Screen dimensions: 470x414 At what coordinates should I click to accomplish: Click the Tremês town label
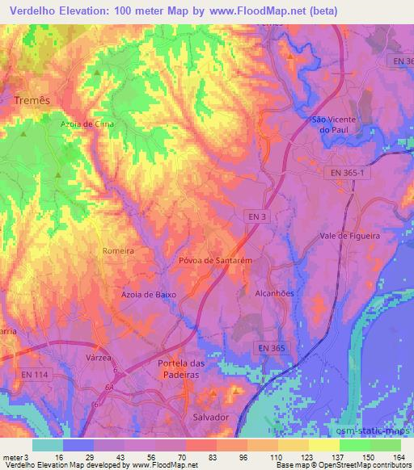click(32, 99)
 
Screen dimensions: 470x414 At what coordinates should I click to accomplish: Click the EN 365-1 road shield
click(349, 173)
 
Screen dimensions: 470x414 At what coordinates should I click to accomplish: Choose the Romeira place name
click(118, 251)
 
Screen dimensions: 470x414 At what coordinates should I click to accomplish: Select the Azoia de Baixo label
click(150, 296)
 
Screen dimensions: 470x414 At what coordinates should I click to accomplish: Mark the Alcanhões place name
click(274, 294)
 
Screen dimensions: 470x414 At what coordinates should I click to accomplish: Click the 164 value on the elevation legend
click(399, 456)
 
